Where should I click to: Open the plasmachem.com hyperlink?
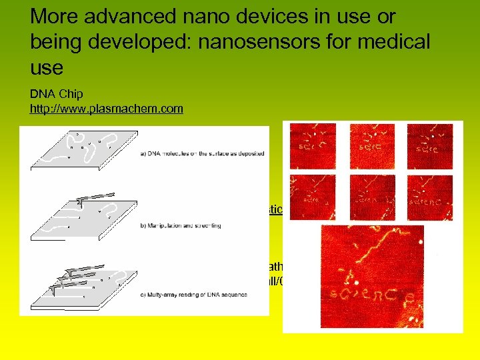coord(106,108)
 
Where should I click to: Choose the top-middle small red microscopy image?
coord(372,145)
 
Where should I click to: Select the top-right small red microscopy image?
coord(430,145)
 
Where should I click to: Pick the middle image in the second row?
coord(372,197)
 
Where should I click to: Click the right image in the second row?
coord(430,197)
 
